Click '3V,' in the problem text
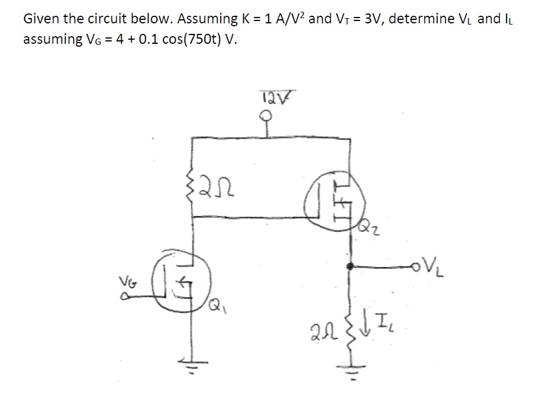(x=370, y=18)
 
